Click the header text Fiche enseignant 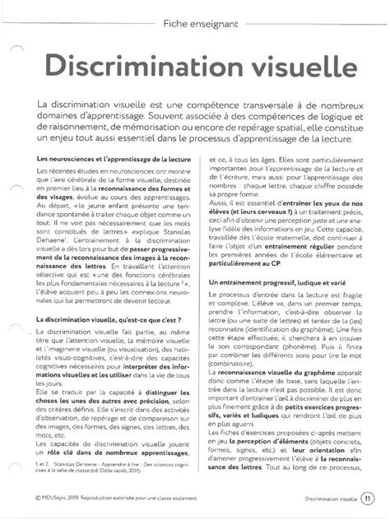coord(202,24)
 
